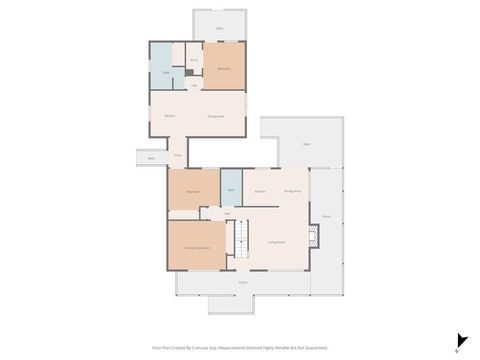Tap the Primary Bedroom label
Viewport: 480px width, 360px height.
point(196,248)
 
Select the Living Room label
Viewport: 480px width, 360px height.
point(277,242)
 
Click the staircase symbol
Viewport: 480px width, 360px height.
point(242,244)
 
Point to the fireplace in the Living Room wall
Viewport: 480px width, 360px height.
point(315,236)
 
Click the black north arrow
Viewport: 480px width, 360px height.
point(460,341)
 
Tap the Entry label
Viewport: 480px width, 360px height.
point(178,155)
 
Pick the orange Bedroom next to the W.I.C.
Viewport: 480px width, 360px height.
point(224,67)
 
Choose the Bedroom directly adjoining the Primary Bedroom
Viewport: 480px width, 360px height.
point(194,190)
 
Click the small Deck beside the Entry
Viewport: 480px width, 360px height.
point(150,158)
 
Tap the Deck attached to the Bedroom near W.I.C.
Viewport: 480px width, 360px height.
point(219,28)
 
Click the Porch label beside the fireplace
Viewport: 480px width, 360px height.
point(326,216)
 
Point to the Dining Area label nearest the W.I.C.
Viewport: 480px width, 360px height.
point(215,117)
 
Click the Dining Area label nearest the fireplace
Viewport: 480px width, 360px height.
point(292,190)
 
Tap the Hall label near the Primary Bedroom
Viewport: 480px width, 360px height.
point(228,213)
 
